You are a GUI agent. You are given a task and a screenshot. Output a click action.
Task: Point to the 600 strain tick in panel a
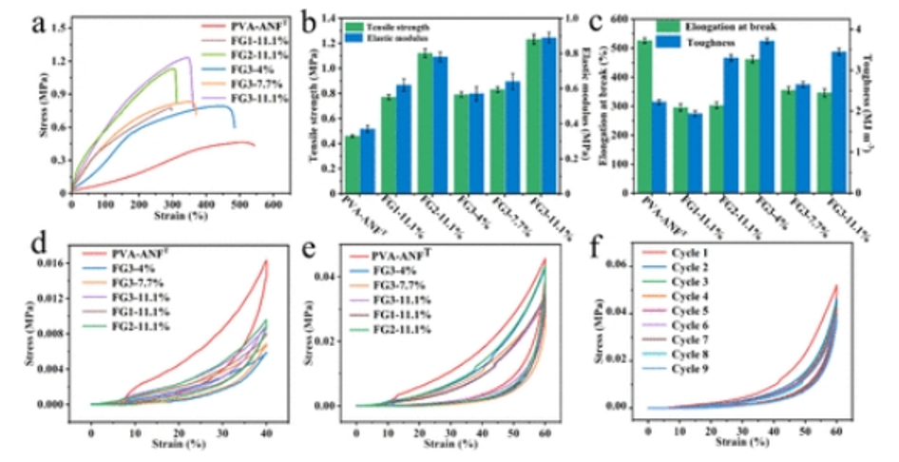click(x=273, y=202)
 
